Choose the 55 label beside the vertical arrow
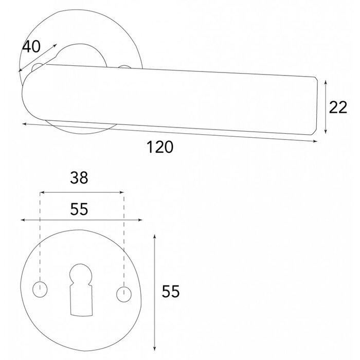[x=170, y=292]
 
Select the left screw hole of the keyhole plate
[x=39, y=290]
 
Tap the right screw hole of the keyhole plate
[x=123, y=294]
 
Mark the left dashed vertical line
[x=40, y=237]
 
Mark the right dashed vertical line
[x=123, y=237]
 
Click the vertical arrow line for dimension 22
[x=326, y=107]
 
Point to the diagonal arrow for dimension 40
[x=38, y=58]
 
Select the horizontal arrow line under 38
[x=82, y=192]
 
